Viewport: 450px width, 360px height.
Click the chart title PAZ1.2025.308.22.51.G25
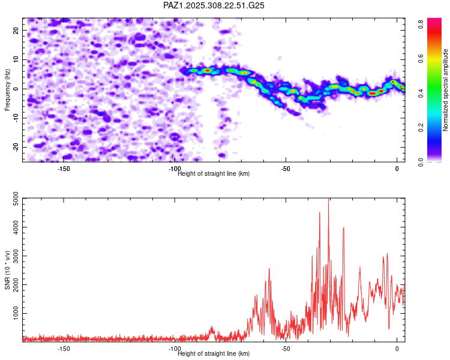(214, 5)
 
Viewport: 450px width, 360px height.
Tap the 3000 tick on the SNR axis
(13, 256)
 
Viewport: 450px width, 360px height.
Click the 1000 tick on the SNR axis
(13, 313)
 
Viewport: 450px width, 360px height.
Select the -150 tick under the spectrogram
(64, 168)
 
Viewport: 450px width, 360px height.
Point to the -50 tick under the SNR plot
(286, 348)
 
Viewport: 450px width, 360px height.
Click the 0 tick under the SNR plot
(397, 348)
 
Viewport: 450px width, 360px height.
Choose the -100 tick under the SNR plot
(175, 348)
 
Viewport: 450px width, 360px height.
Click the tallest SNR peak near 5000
(328, 200)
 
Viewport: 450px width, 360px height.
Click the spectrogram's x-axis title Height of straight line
(214, 173)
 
